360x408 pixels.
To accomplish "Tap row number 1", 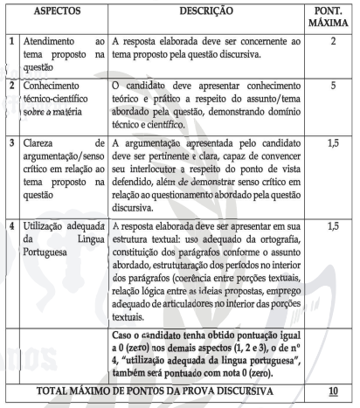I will (10, 41).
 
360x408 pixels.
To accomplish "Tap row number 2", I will (10, 88).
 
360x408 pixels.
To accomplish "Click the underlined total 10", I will (331, 389).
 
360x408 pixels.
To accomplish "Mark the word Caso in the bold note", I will (128, 335).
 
